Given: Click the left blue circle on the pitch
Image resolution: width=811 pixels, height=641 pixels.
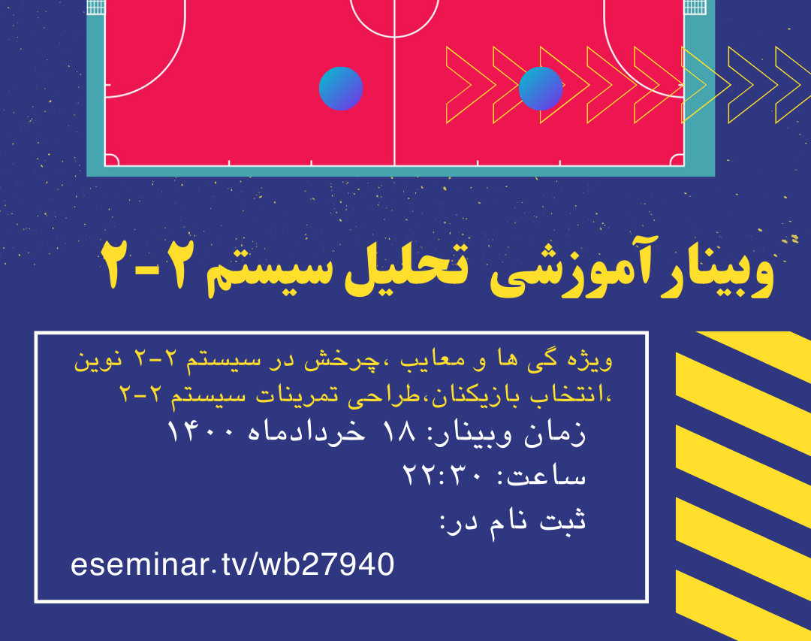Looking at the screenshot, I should [341, 89].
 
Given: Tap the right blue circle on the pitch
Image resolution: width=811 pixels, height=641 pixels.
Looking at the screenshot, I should [541, 89].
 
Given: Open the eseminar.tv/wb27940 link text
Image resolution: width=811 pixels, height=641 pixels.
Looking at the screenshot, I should [232, 564].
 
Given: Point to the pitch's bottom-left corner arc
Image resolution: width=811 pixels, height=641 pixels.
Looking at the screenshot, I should [110, 160].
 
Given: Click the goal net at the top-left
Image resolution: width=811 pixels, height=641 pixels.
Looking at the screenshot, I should [95, 7].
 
